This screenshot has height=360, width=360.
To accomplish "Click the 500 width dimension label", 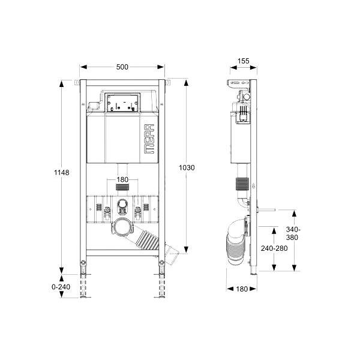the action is tap(122, 67).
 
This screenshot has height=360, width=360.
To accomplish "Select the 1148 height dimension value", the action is tap(62, 172).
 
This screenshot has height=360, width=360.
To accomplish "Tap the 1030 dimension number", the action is tap(187, 168).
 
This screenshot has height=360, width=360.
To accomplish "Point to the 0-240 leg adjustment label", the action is tap(61, 287).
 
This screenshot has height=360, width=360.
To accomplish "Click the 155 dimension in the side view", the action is tap(244, 61).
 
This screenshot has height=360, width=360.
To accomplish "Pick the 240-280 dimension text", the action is tap(274, 248).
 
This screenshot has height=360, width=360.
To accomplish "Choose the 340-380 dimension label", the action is tap(293, 233).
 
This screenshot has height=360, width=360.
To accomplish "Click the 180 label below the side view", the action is tap(242, 289).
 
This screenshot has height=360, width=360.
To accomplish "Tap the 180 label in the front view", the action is tap(122, 179).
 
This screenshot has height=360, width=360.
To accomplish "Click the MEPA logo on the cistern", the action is tap(149, 139).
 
